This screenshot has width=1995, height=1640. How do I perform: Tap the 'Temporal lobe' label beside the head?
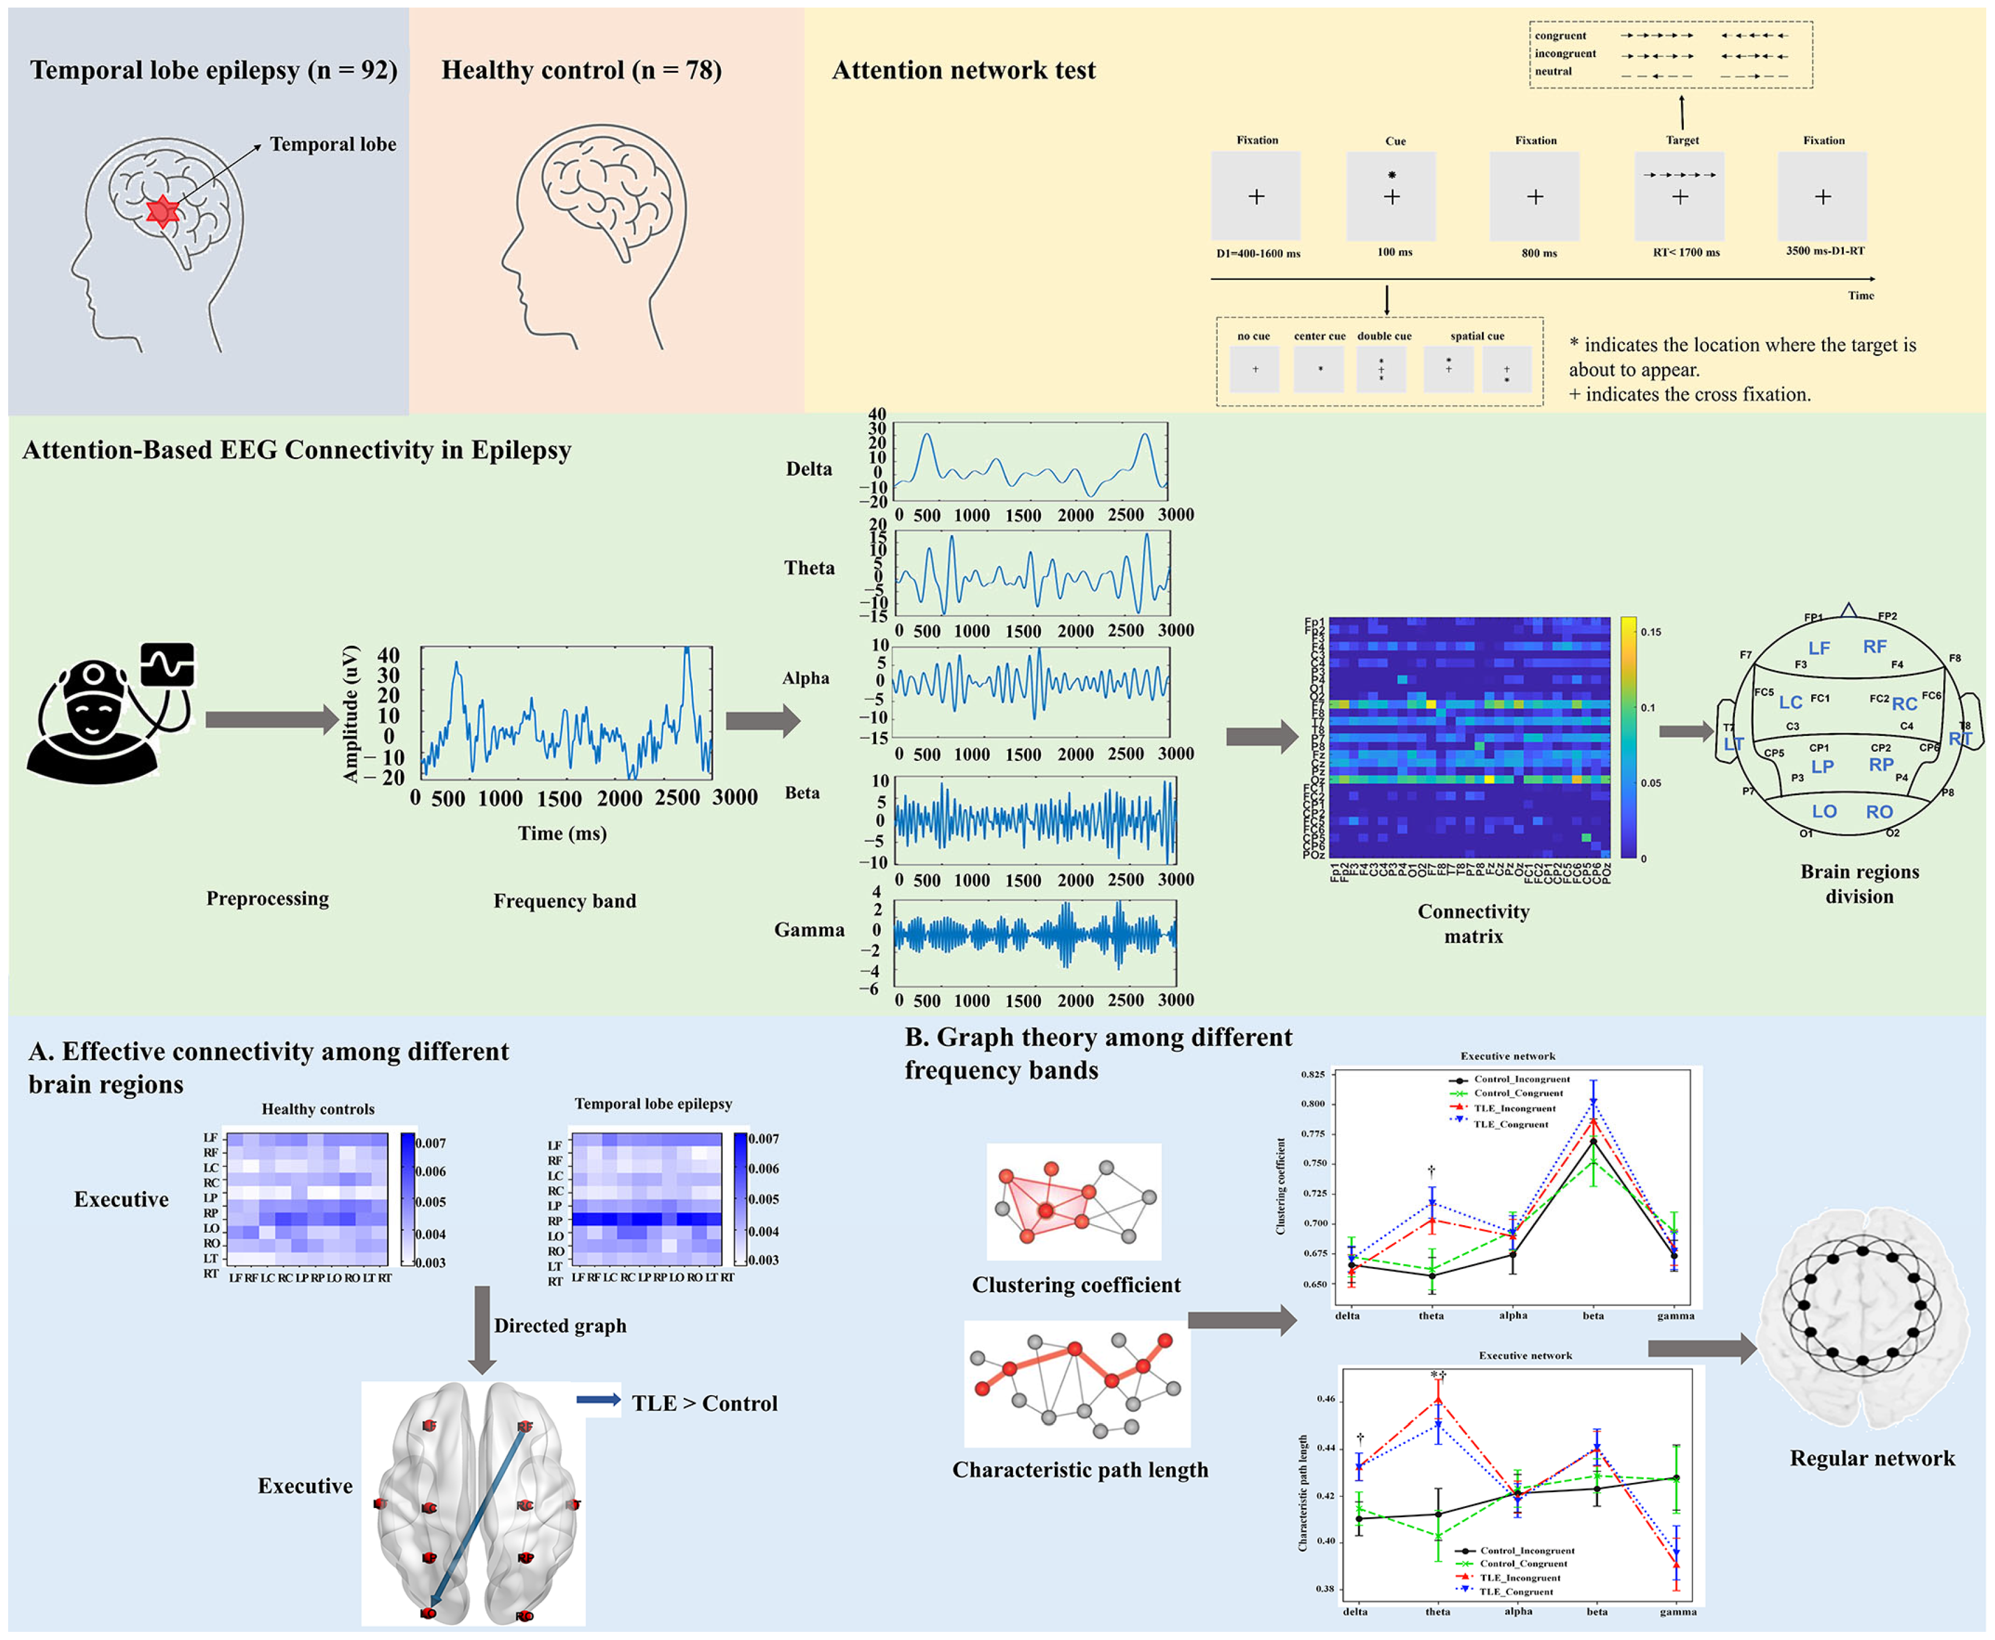[333, 144]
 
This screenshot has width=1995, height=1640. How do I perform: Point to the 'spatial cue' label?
[1477, 336]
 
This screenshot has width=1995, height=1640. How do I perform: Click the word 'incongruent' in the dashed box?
[1565, 54]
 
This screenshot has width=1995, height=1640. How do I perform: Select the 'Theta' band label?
[809, 568]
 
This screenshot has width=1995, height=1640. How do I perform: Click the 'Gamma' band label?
[809, 930]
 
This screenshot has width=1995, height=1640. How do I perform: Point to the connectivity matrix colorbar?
[1627, 737]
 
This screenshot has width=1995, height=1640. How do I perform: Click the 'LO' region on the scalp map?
[1824, 812]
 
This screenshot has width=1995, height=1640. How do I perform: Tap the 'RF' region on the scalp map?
[1874, 647]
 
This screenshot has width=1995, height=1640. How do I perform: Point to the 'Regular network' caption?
[1871, 1458]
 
